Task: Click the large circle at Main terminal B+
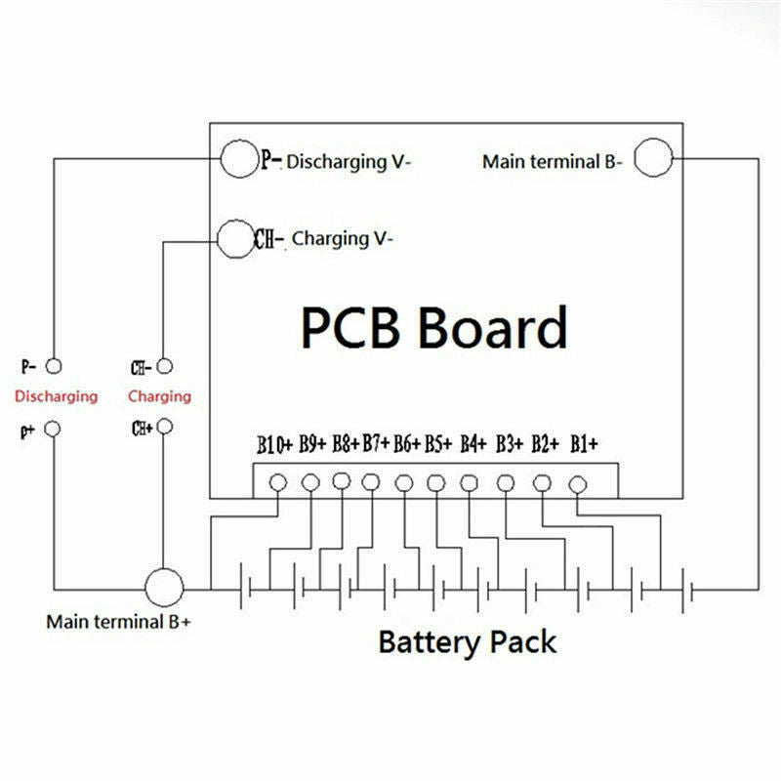click(x=164, y=588)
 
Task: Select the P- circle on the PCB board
click(x=237, y=159)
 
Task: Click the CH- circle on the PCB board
click(x=233, y=237)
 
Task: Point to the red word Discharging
click(x=56, y=396)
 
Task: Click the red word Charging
click(x=159, y=396)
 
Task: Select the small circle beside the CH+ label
click(x=165, y=428)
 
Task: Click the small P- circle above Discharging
click(x=55, y=366)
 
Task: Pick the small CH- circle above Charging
click(x=165, y=366)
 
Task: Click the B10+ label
click(x=275, y=446)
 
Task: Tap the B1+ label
click(x=584, y=445)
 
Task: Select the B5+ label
click(x=438, y=446)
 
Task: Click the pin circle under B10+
click(x=277, y=482)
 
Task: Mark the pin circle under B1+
click(x=577, y=482)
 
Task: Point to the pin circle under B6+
click(x=404, y=482)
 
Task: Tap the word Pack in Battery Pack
click(x=520, y=642)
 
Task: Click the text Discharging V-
click(x=349, y=162)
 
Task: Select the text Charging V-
click(x=343, y=238)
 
